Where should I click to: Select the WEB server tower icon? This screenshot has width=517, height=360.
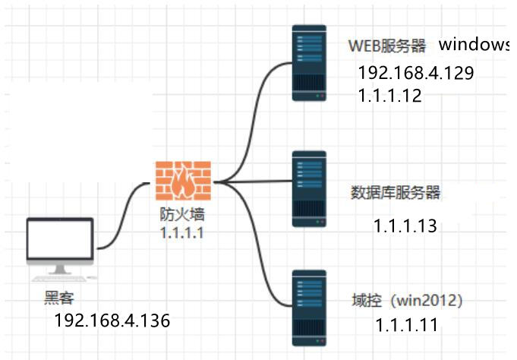(310, 63)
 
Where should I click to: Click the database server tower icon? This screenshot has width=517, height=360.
(310, 189)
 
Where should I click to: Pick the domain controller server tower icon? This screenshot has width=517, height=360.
(310, 307)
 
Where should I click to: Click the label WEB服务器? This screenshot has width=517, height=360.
(387, 46)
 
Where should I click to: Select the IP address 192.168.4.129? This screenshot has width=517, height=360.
(417, 74)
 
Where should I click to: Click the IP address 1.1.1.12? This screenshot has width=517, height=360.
(389, 96)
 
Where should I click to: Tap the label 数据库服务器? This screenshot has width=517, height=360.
(396, 192)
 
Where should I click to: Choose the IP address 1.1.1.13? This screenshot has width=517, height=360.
(405, 226)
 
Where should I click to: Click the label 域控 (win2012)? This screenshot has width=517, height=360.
(407, 301)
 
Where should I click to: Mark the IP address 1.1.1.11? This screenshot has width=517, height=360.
(406, 325)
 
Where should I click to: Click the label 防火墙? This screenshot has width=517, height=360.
(181, 216)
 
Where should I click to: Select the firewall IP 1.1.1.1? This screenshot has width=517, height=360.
(181, 232)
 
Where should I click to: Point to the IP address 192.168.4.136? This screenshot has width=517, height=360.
(112, 321)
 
